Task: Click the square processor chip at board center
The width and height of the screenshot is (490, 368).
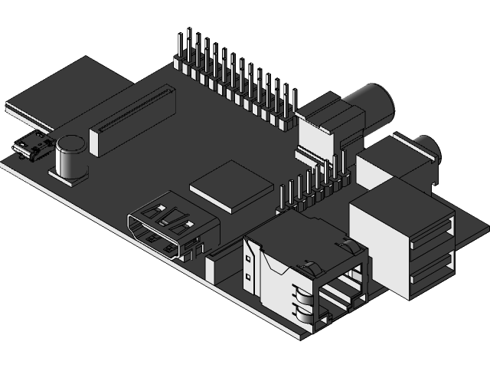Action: pyautogui.click(x=232, y=186)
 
